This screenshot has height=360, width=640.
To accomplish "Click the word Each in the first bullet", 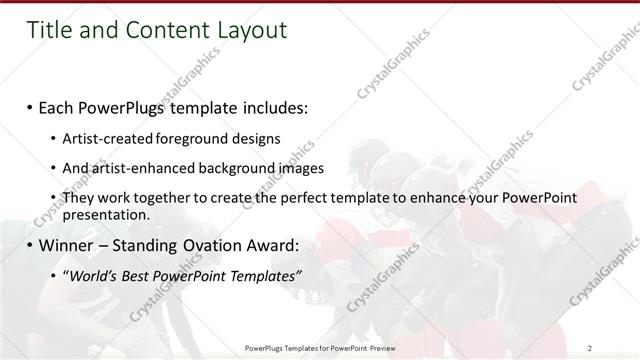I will click(58, 107).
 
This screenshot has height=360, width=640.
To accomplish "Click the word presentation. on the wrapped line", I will click(106, 214).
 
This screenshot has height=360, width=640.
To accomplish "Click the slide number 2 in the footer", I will click(591, 348).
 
